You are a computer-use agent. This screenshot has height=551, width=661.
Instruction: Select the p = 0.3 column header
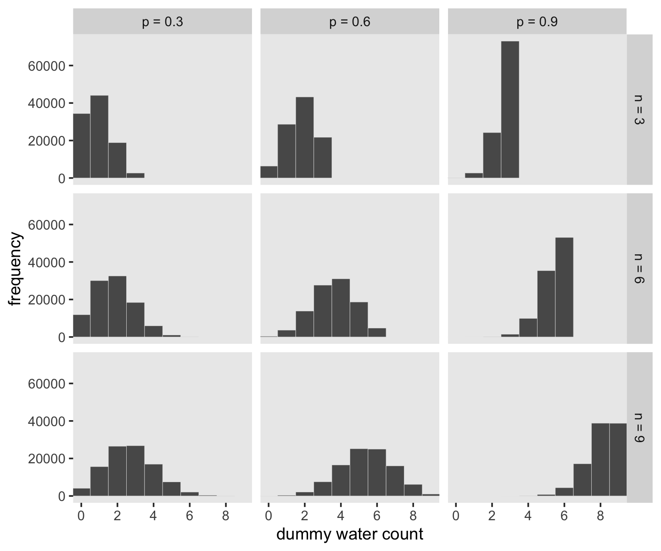click(x=162, y=22)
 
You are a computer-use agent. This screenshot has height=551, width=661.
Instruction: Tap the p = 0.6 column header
click(x=350, y=22)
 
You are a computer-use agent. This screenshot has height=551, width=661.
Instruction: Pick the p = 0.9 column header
click(x=537, y=22)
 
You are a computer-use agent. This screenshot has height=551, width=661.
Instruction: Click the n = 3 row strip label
click(x=639, y=109)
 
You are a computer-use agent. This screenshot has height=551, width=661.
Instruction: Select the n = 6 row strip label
click(x=639, y=269)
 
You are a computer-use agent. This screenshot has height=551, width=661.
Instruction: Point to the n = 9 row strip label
click(x=639, y=427)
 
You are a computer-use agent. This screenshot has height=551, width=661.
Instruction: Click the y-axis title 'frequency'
click(x=16, y=269)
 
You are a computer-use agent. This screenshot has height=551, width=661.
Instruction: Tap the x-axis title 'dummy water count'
click(x=350, y=534)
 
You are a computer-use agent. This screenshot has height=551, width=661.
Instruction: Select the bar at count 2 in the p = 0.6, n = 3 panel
click(x=305, y=138)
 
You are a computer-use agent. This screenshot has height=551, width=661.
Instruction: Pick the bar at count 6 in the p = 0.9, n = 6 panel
click(x=564, y=287)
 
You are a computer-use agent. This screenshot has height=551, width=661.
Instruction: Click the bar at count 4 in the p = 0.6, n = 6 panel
click(x=341, y=308)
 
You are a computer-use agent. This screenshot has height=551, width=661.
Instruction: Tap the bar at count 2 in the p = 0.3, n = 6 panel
click(x=118, y=306)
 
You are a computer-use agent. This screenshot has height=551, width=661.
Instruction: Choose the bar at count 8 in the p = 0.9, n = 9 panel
click(x=600, y=460)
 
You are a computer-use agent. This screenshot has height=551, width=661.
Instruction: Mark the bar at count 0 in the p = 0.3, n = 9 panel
click(x=82, y=492)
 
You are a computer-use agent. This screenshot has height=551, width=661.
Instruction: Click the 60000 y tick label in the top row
click(x=47, y=66)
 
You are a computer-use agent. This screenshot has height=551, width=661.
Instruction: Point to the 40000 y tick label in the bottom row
click(x=47, y=422)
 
